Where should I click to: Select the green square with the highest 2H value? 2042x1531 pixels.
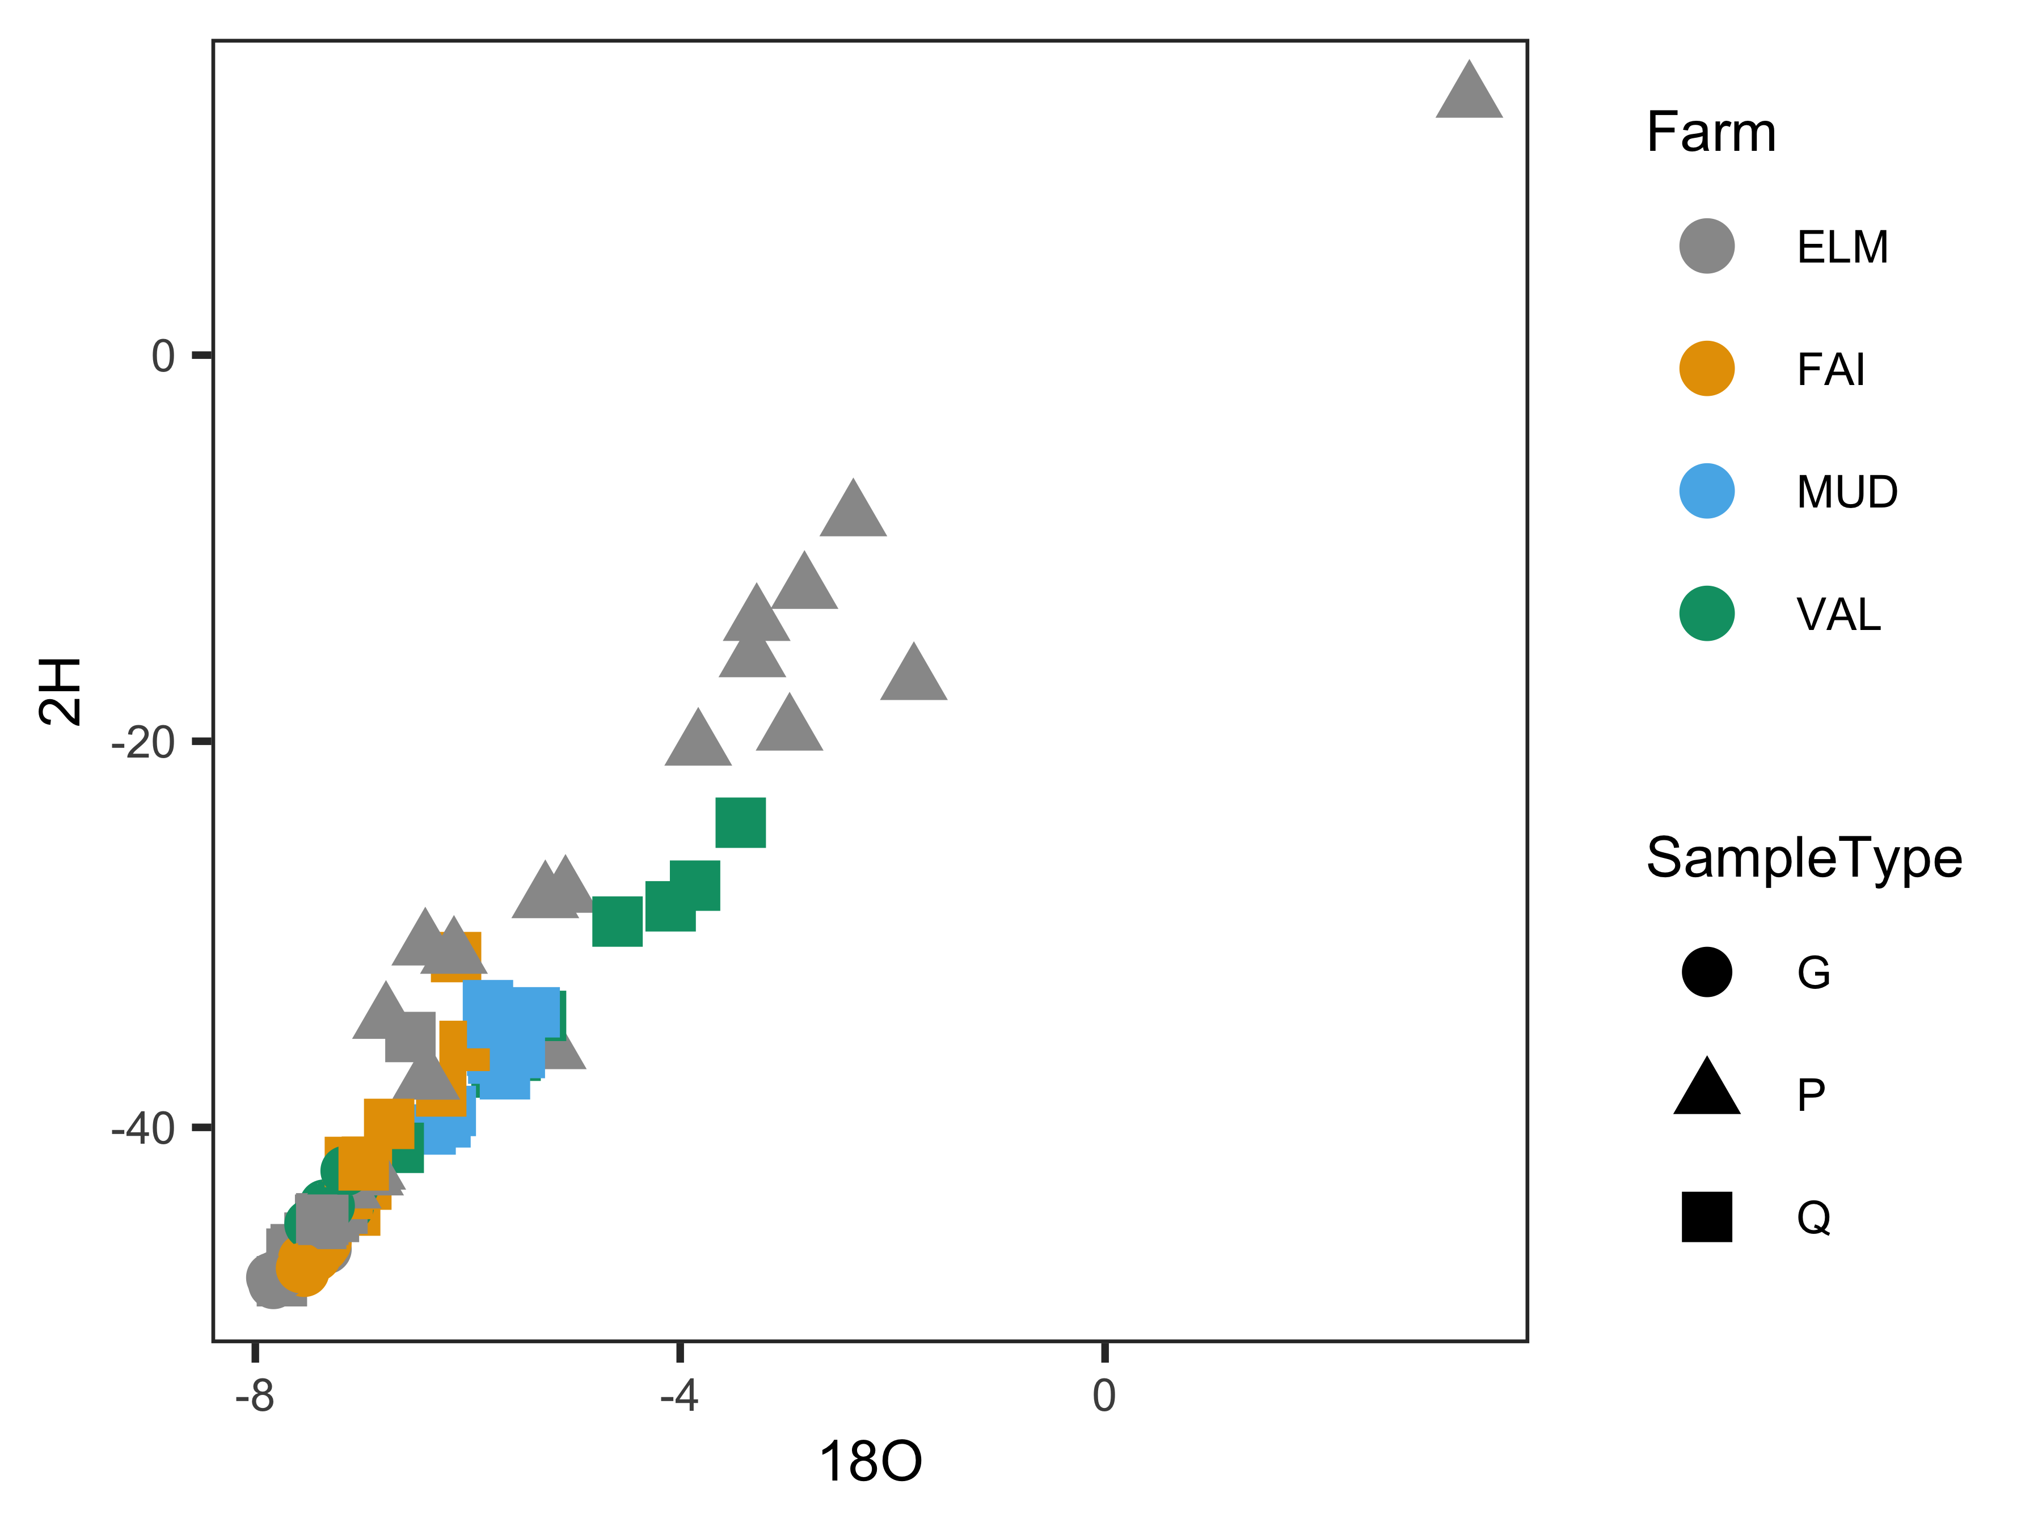point(740,822)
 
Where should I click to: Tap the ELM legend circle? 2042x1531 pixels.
point(1707,247)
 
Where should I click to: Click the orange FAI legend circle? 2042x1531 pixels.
point(1707,368)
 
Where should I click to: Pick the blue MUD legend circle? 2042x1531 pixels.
point(1707,491)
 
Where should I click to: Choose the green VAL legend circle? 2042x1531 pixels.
point(1707,614)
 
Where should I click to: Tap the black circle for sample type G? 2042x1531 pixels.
point(1707,972)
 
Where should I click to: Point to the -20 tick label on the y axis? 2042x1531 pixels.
point(143,742)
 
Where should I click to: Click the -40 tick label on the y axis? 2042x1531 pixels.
point(143,1128)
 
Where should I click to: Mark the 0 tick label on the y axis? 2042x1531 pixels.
point(163,356)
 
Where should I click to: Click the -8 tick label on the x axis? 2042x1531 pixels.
point(255,1395)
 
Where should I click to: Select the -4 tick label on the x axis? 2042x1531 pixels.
point(680,1395)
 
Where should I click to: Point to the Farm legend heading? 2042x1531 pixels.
point(1711,132)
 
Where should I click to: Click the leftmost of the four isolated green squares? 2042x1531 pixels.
point(617,921)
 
